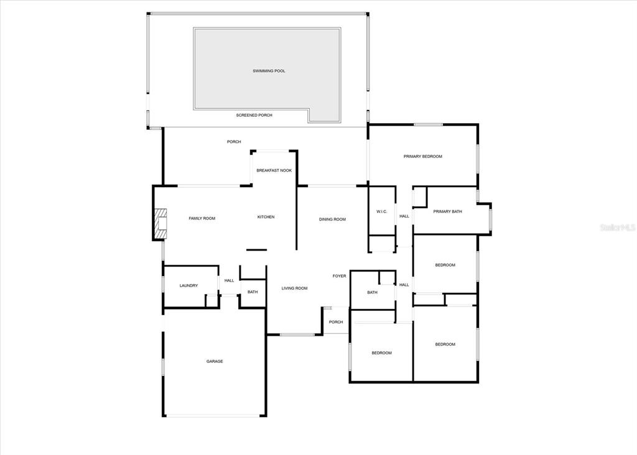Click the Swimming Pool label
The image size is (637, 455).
coord(269,71)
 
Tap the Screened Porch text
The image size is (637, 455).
coord(254,115)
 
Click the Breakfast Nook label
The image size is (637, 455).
coord(274,170)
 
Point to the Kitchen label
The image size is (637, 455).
coord(266,217)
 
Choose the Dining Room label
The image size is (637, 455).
coord(332,219)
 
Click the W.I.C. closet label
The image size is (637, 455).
coord(382,211)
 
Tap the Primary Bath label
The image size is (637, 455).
coord(448,211)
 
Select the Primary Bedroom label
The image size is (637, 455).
coord(423,156)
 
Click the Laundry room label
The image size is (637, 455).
coord(189,286)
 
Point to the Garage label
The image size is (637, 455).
coord(215,361)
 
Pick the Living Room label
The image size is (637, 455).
coord(294,288)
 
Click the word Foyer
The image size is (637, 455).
coord(340,276)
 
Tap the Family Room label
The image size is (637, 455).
coord(202,218)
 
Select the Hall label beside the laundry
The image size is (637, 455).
coord(229,280)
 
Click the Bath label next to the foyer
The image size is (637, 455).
coord(373,292)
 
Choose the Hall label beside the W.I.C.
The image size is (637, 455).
coord(404,216)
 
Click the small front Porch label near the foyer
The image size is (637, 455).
coord(336,322)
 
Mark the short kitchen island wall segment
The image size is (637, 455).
coord(257,250)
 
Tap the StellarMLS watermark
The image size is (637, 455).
coord(618,227)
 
